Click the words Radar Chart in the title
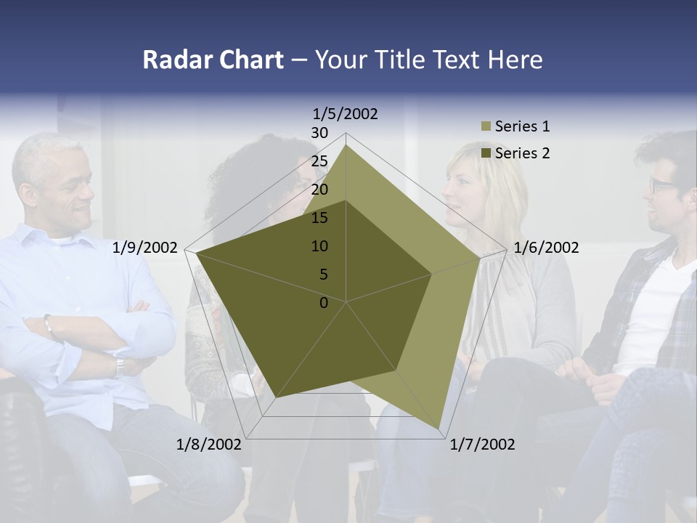coord(213,60)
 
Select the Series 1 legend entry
coord(522,126)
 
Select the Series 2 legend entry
coord(522,153)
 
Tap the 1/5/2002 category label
coord(346,114)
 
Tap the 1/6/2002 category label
coord(546,248)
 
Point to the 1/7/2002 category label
coord(482,445)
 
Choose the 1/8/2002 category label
coord(209,445)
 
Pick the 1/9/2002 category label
coord(145,248)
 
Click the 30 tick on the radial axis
coord(319,134)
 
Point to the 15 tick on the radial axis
coord(319,218)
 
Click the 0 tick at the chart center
coord(324,303)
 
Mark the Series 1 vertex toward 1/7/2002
coord(439,429)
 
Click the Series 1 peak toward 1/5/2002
coord(346,145)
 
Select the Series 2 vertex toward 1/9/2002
coord(196,253)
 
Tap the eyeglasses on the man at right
coord(662,185)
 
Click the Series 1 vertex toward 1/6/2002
coord(480,259)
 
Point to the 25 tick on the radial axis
coord(319,162)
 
